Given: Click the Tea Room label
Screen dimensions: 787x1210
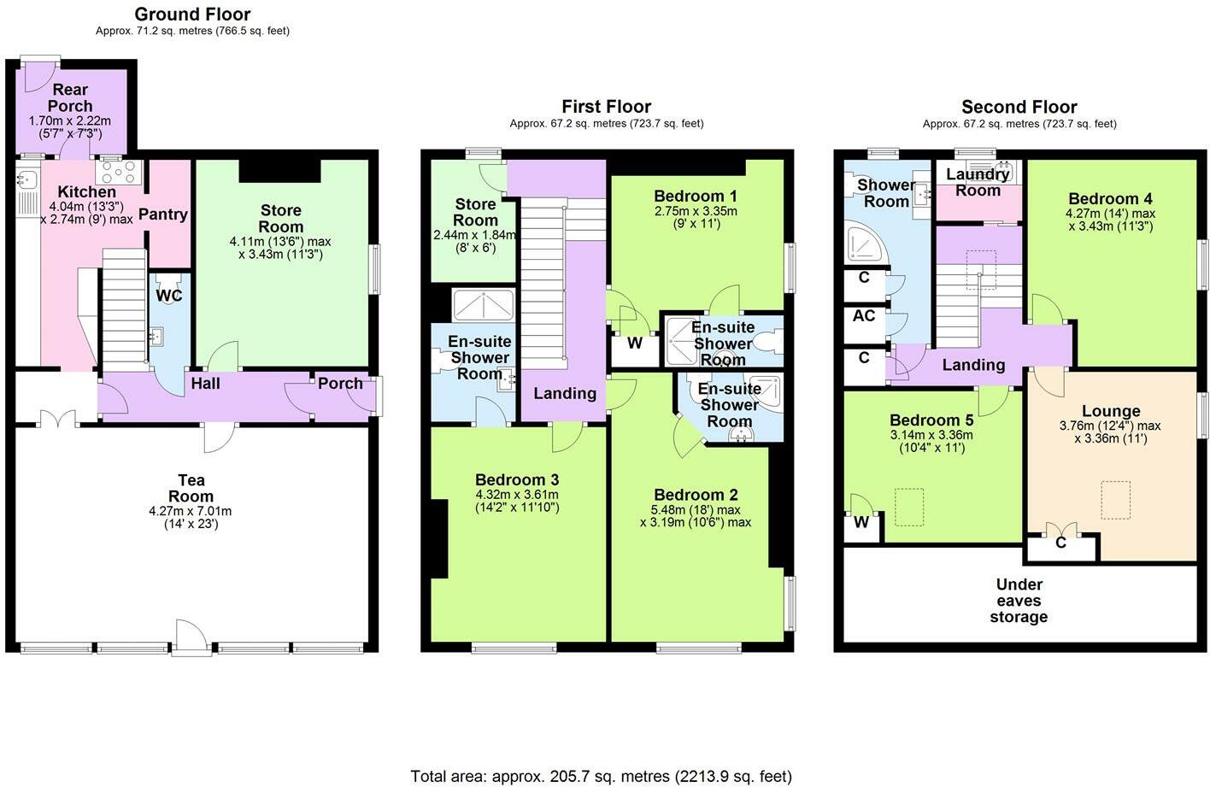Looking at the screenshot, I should pyautogui.click(x=191, y=488).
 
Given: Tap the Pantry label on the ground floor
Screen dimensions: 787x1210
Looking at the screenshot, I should pyautogui.click(x=162, y=214).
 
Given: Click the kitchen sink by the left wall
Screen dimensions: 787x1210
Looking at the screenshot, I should pyautogui.click(x=26, y=180).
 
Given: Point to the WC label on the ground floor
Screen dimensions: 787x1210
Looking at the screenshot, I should pyautogui.click(x=168, y=296).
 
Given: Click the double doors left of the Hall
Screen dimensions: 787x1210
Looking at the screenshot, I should pyautogui.click(x=58, y=419).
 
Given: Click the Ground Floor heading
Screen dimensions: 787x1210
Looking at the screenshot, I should pyautogui.click(x=192, y=14).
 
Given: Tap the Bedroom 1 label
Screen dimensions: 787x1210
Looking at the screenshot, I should pyautogui.click(x=695, y=196).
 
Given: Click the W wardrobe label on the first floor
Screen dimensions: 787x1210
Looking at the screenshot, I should pyautogui.click(x=634, y=344).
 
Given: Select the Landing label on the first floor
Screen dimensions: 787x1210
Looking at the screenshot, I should pyautogui.click(x=564, y=393).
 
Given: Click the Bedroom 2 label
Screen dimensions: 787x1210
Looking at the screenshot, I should pyautogui.click(x=695, y=495).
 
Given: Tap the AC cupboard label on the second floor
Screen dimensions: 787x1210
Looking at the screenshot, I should pyautogui.click(x=864, y=315).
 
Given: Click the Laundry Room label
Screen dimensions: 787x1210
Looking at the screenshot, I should pyautogui.click(x=978, y=182).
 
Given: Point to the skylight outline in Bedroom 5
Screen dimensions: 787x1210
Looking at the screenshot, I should pyautogui.click(x=909, y=507).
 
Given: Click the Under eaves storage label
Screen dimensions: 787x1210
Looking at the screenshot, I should pyautogui.click(x=1019, y=601).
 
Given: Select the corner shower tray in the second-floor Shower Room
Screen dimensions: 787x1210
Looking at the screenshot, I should pyautogui.click(x=864, y=244).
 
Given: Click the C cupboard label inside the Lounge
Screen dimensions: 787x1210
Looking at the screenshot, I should pyautogui.click(x=1060, y=543).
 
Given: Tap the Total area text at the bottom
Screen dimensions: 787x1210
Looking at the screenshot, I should pyautogui.click(x=601, y=776).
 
